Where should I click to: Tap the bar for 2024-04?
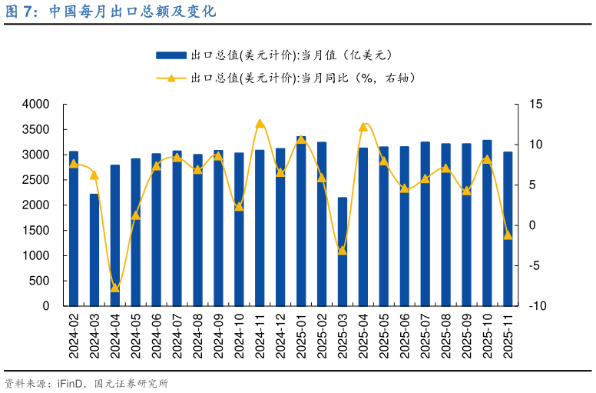(x=115, y=235)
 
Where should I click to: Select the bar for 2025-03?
(x=343, y=251)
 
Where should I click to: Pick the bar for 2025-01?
(x=301, y=221)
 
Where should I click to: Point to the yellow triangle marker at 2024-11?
(x=260, y=124)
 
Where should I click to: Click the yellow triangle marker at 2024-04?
(x=115, y=288)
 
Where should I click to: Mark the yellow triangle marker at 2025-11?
(x=508, y=235)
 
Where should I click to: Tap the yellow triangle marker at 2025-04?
(x=363, y=125)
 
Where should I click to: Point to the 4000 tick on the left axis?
(x=36, y=104)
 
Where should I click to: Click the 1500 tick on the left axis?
(x=36, y=230)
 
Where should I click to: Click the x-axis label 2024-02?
(x=74, y=335)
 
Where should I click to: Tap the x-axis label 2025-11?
(x=508, y=335)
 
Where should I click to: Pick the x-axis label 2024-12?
(x=280, y=335)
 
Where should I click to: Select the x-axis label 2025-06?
(x=405, y=335)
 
